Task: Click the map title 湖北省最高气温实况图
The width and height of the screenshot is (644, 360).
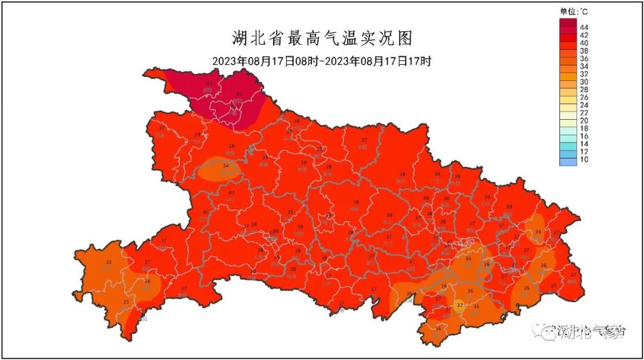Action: pyautogui.click(x=321, y=39)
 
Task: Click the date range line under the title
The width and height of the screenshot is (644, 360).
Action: pyautogui.click(x=321, y=61)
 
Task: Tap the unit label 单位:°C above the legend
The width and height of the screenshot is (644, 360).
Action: pyautogui.click(x=574, y=11)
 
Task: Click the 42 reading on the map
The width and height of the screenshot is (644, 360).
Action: pyautogui.click(x=209, y=83)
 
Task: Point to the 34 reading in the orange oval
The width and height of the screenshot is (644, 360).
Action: pyautogui.click(x=225, y=166)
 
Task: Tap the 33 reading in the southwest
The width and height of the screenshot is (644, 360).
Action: pyautogui.click(x=109, y=262)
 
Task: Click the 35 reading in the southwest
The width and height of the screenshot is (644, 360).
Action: pyautogui.click(x=125, y=302)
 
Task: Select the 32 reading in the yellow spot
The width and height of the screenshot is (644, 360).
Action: pyautogui.click(x=459, y=305)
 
